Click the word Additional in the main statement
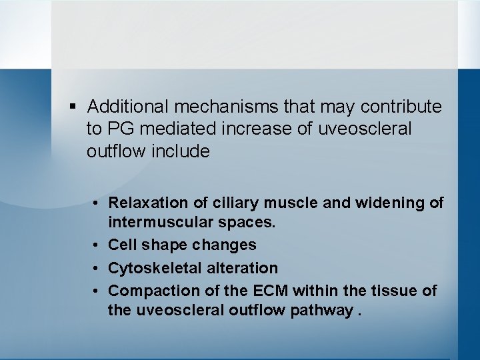[x=127, y=107]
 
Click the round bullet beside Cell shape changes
[x=97, y=245]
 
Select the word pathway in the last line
[x=323, y=311]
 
